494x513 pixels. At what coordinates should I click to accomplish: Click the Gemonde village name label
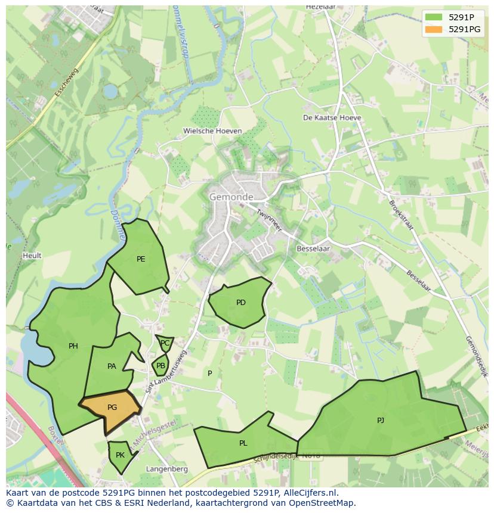231,197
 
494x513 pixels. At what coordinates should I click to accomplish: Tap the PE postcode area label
141,259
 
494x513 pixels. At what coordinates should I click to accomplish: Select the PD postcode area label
240,303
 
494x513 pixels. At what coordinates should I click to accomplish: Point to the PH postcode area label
73,346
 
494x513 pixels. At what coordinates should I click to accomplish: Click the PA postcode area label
112,366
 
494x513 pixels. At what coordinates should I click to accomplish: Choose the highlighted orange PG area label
112,408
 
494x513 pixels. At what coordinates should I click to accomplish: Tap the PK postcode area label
120,455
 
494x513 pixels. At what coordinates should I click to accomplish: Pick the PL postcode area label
243,443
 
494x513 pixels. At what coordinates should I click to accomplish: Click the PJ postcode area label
381,421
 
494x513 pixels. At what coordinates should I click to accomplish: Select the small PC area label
165,343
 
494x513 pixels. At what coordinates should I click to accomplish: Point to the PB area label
160,366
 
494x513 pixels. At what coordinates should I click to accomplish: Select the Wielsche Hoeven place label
212,131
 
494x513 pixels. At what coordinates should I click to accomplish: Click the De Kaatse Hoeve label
332,118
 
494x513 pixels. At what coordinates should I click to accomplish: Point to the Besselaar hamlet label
313,248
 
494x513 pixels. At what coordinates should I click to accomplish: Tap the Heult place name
32,256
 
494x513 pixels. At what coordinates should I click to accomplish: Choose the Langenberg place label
167,469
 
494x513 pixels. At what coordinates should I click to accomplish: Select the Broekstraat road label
401,215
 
